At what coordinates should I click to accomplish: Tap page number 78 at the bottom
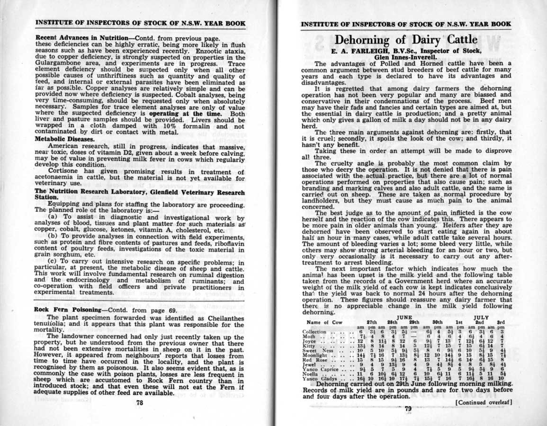[x=140, y=402]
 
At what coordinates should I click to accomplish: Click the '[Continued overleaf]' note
[x=483, y=403]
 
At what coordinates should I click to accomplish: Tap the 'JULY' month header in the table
[x=481, y=318]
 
